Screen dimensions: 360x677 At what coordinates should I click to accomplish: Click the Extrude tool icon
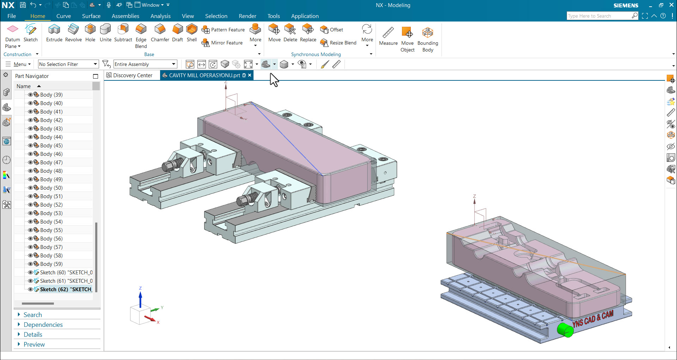click(54, 30)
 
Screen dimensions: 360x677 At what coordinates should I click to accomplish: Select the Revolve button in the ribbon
click(73, 30)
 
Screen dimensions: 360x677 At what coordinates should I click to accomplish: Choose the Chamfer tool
click(160, 30)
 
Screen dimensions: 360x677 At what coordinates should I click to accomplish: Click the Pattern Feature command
click(223, 30)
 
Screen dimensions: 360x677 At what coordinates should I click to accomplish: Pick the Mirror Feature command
click(222, 43)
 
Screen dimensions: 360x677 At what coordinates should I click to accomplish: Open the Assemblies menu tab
click(125, 16)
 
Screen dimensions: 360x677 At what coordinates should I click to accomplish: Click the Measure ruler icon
click(388, 32)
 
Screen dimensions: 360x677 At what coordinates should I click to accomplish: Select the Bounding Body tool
click(427, 32)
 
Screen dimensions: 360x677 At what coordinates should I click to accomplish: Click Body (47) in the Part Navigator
click(51, 162)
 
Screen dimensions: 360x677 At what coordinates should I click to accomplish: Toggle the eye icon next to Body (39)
click(30, 94)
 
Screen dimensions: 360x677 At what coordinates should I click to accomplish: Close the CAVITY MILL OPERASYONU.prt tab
click(250, 75)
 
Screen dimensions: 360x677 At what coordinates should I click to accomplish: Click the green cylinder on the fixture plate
click(565, 330)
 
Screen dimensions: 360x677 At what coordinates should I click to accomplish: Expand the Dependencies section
click(43, 324)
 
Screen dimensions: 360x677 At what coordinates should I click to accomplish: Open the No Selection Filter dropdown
click(95, 64)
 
